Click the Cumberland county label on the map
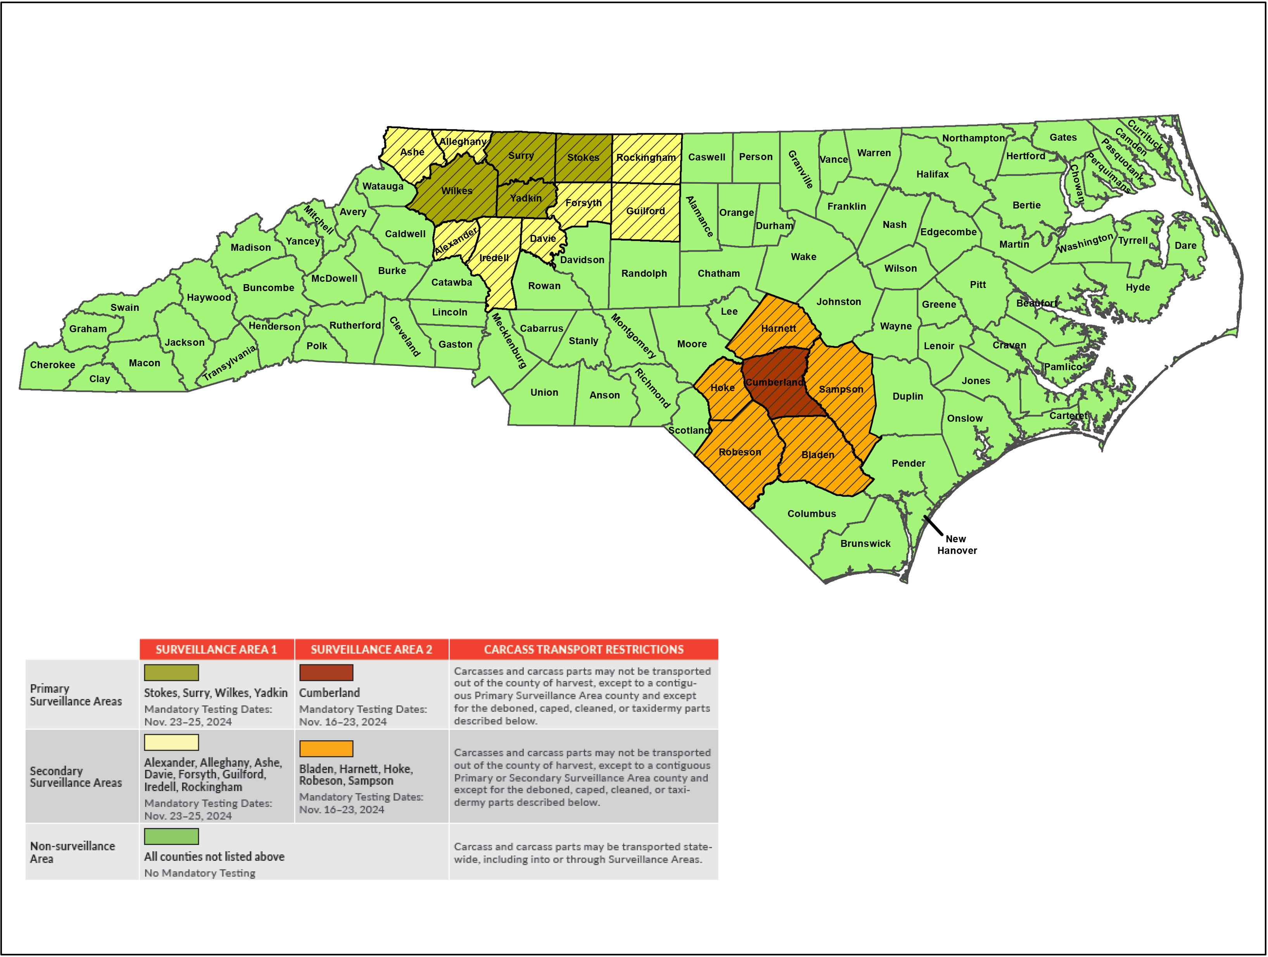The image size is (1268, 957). coord(774,382)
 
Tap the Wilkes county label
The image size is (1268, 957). coord(457,191)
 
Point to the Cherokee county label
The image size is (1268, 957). coord(52,365)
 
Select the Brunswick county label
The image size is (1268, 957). coord(865,543)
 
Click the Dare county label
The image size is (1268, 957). coord(1185,246)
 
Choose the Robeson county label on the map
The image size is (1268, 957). coord(739,452)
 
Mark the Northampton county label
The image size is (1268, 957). coord(973,138)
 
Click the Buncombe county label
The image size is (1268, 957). coord(268,288)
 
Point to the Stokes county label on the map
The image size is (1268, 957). coord(583,158)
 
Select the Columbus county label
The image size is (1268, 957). coord(811,514)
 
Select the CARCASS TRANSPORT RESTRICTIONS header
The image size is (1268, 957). coord(584,649)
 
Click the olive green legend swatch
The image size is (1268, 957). coord(171,672)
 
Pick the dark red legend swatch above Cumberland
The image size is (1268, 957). coord(326,672)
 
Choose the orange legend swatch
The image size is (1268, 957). coord(326,748)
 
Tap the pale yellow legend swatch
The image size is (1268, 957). coord(171,742)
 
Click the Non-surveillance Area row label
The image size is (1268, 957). coord(72,852)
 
